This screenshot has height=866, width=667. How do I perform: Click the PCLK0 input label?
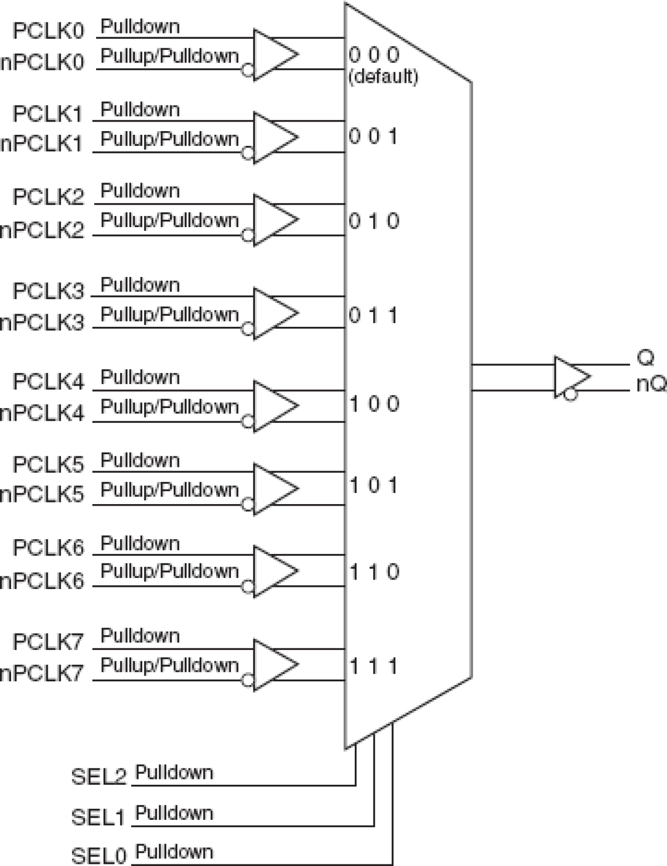click(x=48, y=31)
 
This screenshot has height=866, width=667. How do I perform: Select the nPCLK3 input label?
click(x=42, y=323)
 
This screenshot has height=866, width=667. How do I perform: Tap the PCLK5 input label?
click(x=48, y=465)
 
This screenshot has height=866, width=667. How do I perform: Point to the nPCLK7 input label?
click(x=42, y=673)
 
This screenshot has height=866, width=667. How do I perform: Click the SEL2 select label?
click(x=99, y=777)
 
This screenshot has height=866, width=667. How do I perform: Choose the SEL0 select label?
click(x=99, y=855)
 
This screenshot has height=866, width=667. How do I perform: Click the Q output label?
click(x=646, y=358)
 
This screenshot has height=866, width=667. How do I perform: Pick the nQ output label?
click(x=651, y=384)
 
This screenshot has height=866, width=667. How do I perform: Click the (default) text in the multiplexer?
click(x=383, y=77)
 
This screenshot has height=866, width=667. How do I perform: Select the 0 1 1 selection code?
click(x=373, y=316)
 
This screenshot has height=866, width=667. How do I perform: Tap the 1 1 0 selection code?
click(x=373, y=572)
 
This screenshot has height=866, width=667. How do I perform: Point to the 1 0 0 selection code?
click(x=373, y=404)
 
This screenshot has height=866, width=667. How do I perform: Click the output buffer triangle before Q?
click(x=570, y=377)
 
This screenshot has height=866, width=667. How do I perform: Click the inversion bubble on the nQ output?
click(x=571, y=395)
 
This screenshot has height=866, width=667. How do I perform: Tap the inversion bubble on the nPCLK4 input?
click(x=247, y=422)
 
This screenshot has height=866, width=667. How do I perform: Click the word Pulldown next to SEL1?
click(x=174, y=813)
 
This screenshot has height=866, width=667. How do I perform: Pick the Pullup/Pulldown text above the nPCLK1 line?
click(x=169, y=139)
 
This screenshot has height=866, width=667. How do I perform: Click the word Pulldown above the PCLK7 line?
click(x=140, y=635)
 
